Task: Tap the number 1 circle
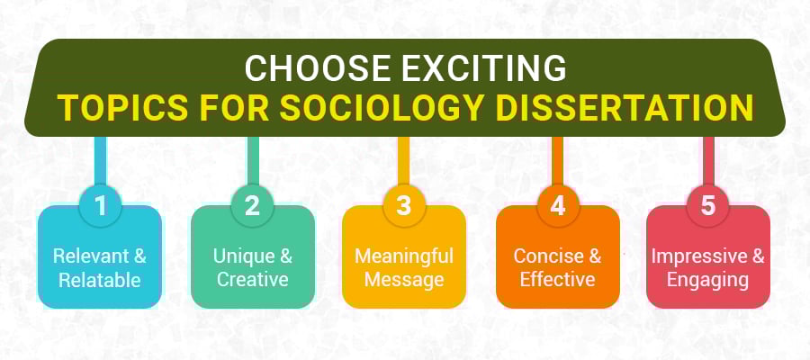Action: pos(101,206)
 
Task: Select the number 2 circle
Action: pos(252,206)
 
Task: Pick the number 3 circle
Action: pos(404,206)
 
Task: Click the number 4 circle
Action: pos(558,206)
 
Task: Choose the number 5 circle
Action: pos(708,206)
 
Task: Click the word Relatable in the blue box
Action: pos(100,280)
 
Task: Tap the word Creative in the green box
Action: pos(252,280)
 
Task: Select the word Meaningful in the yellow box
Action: pos(403,256)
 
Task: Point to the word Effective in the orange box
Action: pos(557,280)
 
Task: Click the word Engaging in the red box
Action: pos(708,280)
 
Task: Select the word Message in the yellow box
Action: pos(403,280)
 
